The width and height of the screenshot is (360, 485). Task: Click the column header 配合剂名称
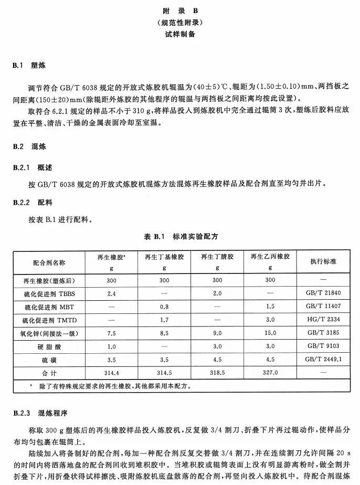[49, 262]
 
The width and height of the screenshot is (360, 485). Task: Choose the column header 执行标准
[323, 261]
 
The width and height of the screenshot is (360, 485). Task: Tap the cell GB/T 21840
[323, 293]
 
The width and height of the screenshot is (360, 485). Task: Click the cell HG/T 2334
[323, 319]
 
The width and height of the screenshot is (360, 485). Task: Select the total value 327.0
[270, 372]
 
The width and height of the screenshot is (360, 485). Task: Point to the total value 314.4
[111, 372]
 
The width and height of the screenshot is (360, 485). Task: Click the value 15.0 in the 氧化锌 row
[270, 333]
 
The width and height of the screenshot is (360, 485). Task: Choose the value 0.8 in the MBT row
[164, 306]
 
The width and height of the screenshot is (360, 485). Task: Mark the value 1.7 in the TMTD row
[164, 319]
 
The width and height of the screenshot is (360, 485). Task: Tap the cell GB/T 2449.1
[323, 359]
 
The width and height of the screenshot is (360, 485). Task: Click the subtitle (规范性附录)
[180, 23]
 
